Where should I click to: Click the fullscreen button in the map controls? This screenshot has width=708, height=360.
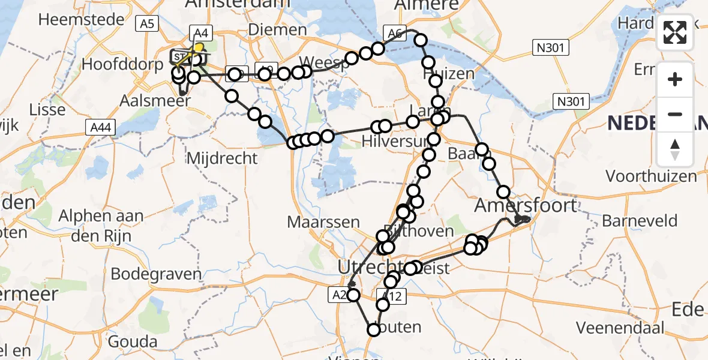coord(675,32)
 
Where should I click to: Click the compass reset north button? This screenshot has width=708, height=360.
coord(675,149)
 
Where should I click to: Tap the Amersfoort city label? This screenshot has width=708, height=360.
coord(525,206)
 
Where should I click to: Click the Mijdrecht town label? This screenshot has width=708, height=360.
coord(223,159)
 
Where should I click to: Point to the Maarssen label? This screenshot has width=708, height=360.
coord(323,222)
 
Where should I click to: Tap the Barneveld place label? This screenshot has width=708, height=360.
coord(639,221)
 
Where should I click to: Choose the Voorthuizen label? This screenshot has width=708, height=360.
coord(651,176)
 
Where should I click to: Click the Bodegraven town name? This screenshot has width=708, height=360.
coord(157,274)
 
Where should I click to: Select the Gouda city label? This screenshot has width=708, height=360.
coord(133,343)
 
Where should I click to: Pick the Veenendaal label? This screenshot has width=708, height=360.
coord(620,328)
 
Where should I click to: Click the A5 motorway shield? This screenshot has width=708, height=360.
coord(146,24)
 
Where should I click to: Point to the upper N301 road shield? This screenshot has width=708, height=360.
coord(550,47)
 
